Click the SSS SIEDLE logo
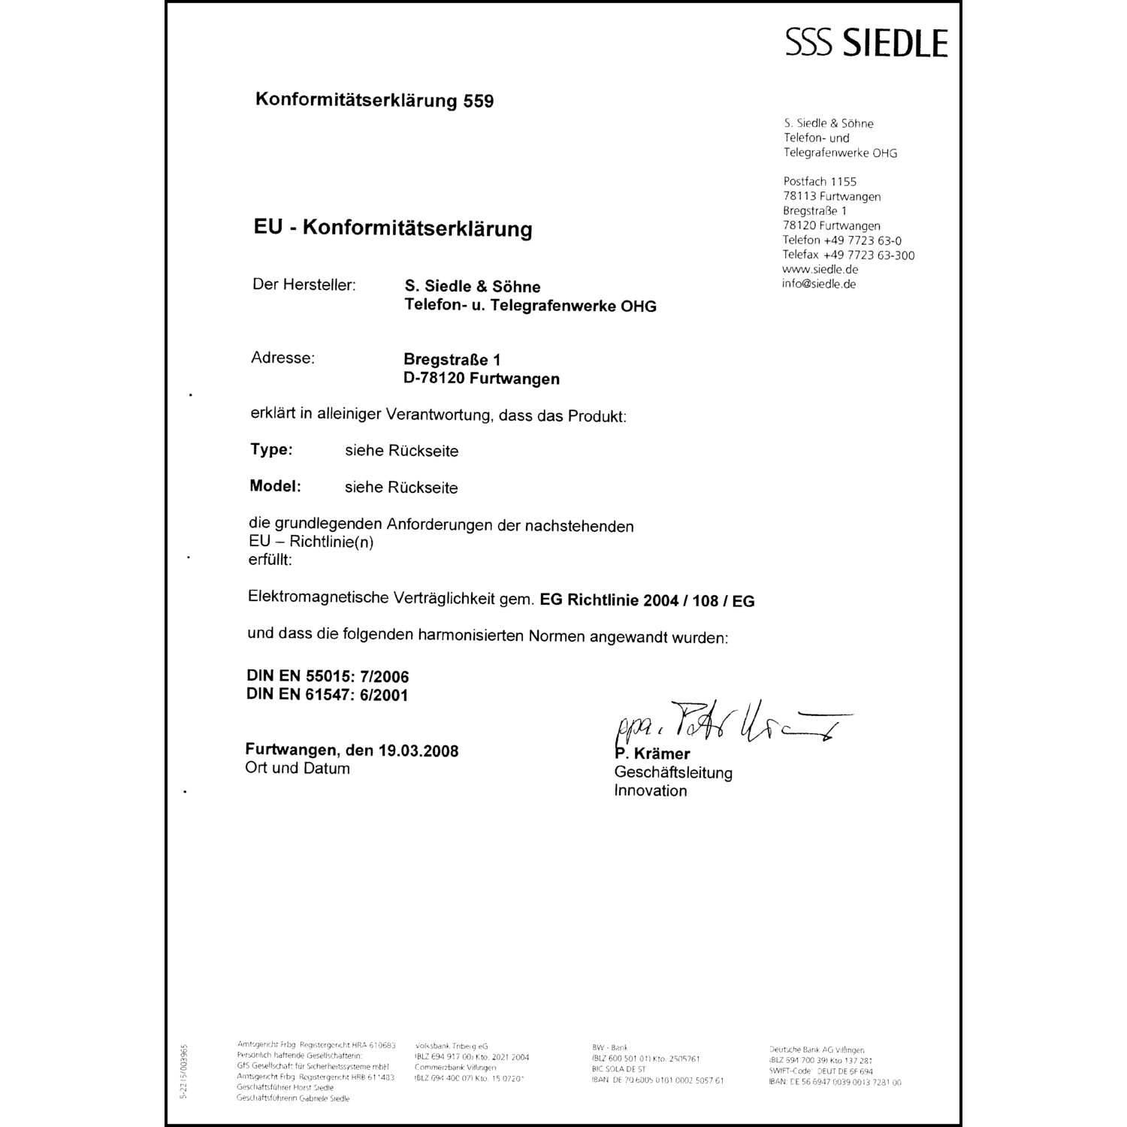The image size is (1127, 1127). (x=866, y=43)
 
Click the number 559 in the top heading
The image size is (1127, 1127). (x=479, y=101)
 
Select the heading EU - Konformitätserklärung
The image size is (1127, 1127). (x=393, y=228)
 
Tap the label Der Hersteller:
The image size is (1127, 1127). (x=304, y=285)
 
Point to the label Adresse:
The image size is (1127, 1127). (x=283, y=358)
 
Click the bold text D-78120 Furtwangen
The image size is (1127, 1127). (x=482, y=379)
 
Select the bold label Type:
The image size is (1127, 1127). (x=271, y=449)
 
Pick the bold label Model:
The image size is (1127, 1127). (x=275, y=485)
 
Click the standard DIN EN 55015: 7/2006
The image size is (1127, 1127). (x=328, y=676)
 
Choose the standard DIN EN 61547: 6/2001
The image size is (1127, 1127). (x=328, y=695)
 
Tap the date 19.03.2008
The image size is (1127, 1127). (x=418, y=751)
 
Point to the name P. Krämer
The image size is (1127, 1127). (x=653, y=754)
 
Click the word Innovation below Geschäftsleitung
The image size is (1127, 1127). (x=651, y=790)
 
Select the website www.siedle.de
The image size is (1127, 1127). (x=820, y=269)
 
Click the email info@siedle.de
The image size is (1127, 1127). (x=819, y=284)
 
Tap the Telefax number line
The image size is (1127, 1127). (x=848, y=255)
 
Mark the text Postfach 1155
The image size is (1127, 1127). (x=820, y=181)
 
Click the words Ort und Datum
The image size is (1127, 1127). (x=298, y=769)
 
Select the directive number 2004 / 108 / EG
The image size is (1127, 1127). (x=699, y=601)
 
